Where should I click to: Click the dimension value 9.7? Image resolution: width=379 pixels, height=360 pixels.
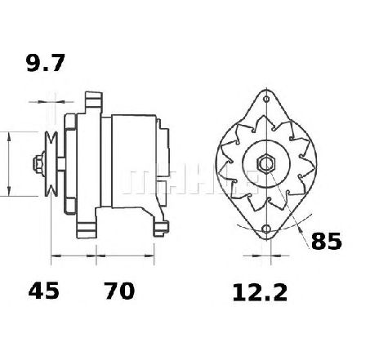tap(46, 63)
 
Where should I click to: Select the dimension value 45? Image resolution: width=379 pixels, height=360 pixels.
tap(43, 291)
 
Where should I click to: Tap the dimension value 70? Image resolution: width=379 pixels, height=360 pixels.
tap(119, 291)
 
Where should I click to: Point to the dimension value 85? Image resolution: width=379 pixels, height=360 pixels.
tap(326, 241)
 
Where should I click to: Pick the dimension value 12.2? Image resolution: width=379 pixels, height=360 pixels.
tap(260, 292)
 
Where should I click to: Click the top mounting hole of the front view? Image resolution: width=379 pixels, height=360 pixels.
tap(266, 99)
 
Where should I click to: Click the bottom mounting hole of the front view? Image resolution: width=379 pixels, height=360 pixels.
tap(266, 229)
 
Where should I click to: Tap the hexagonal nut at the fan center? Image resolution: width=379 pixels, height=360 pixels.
tap(266, 163)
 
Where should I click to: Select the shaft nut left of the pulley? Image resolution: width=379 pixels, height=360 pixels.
tap(39, 164)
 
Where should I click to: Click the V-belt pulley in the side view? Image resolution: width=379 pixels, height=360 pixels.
tap(51, 164)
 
